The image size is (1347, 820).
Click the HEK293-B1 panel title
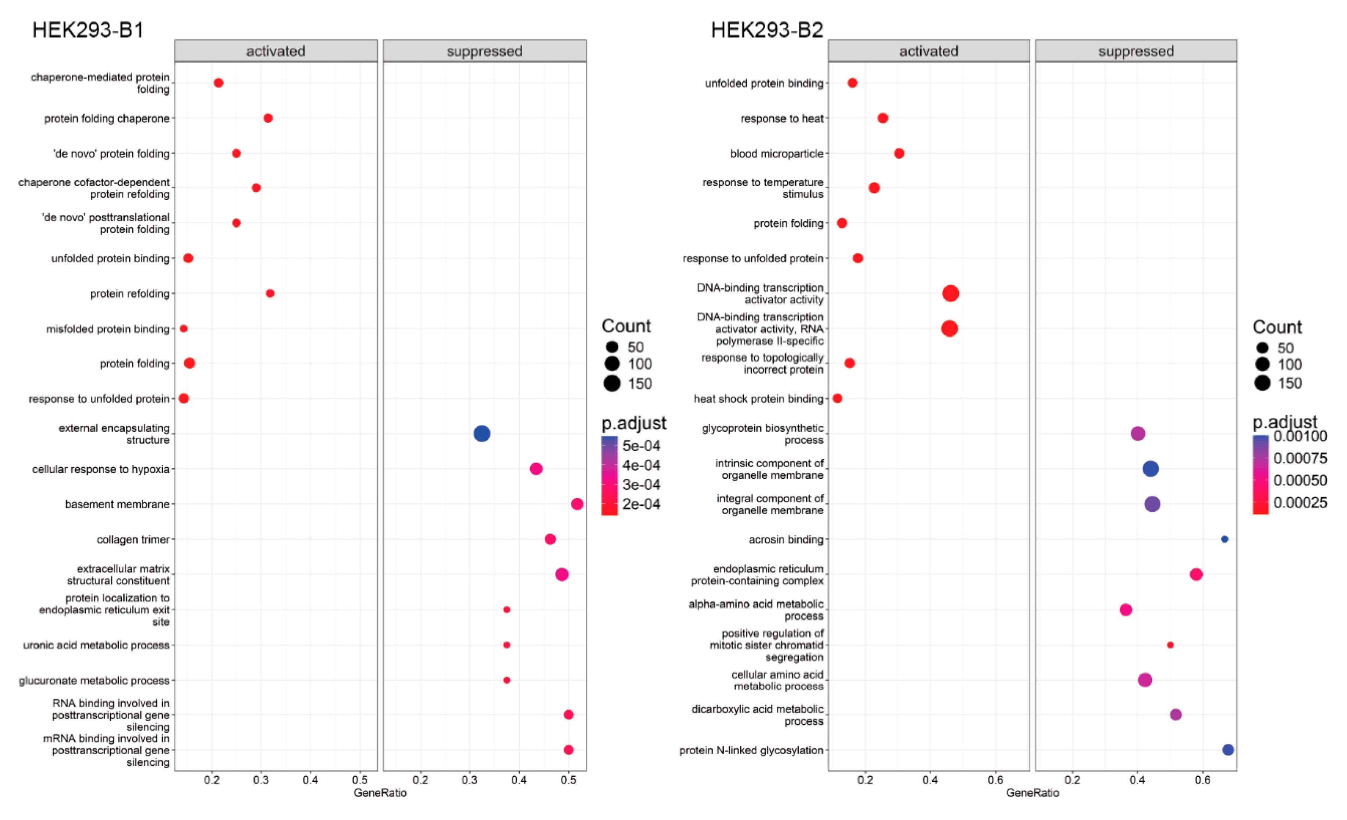(88, 29)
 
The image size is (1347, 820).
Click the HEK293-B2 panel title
(767, 29)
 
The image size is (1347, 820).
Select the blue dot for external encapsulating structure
(481, 434)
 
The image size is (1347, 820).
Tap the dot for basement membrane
(577, 504)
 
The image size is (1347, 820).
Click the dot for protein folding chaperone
(268, 118)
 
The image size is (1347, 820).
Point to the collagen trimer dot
(550, 539)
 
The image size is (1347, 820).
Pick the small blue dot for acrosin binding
(1225, 539)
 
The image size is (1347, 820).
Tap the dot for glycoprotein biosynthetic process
(1138, 434)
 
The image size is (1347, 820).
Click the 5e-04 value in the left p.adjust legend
(641, 446)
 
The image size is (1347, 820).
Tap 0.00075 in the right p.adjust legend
(1300, 458)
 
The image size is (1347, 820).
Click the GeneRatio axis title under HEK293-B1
(380, 793)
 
